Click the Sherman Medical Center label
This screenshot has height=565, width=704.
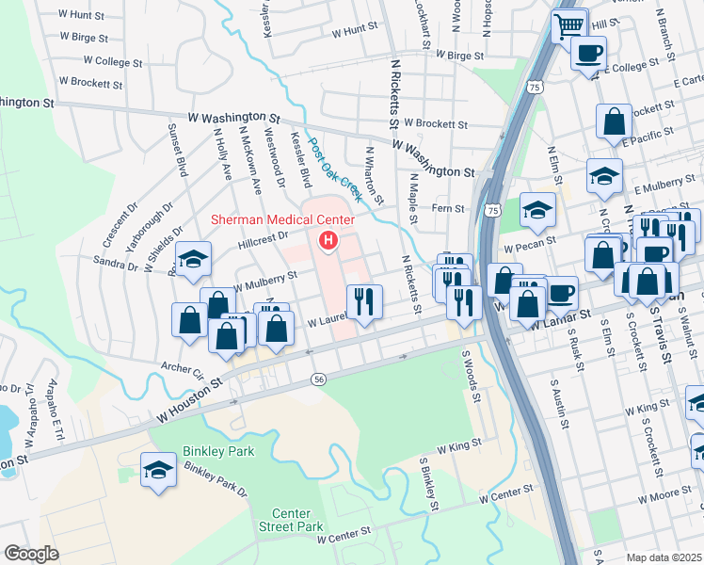coord(281,219)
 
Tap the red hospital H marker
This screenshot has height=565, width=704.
coord(328,241)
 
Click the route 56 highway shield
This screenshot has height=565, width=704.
coord(319,378)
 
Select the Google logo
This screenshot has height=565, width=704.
coord(31,554)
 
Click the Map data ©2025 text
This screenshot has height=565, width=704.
coord(664,557)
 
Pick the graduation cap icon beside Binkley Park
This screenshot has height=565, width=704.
coord(159,470)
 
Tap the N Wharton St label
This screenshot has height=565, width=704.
coord(375,174)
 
